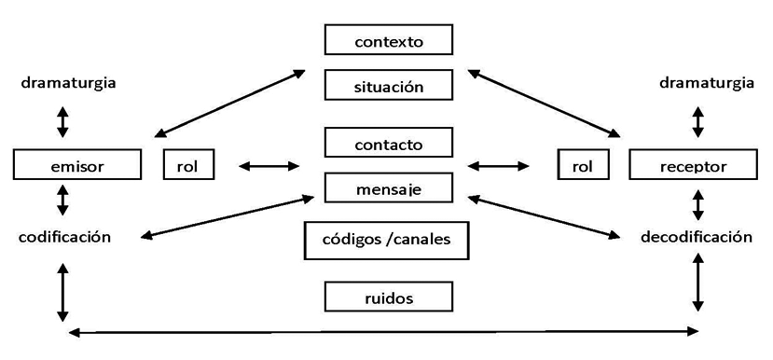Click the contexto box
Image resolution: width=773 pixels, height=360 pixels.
388,41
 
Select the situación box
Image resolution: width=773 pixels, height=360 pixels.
388,86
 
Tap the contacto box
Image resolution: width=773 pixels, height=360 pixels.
388,144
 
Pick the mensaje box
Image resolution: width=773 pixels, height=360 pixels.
388,189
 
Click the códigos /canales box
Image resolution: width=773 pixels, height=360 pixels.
387,240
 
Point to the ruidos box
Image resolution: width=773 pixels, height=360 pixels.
388,298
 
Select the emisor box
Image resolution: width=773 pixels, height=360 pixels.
78,166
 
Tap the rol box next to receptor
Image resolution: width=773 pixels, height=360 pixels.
582,166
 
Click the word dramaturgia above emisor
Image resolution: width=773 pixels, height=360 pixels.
68,83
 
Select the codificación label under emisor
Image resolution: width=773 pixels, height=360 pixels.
65,236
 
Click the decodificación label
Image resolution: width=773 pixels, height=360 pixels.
697,236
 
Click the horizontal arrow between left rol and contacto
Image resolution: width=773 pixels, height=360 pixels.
269,167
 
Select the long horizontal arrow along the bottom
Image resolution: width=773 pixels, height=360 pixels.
382,330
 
